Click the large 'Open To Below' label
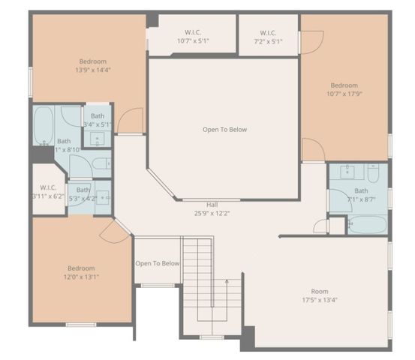[x=224, y=130]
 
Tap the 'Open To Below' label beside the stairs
[x=158, y=263]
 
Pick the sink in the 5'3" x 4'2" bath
[x=103, y=197]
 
